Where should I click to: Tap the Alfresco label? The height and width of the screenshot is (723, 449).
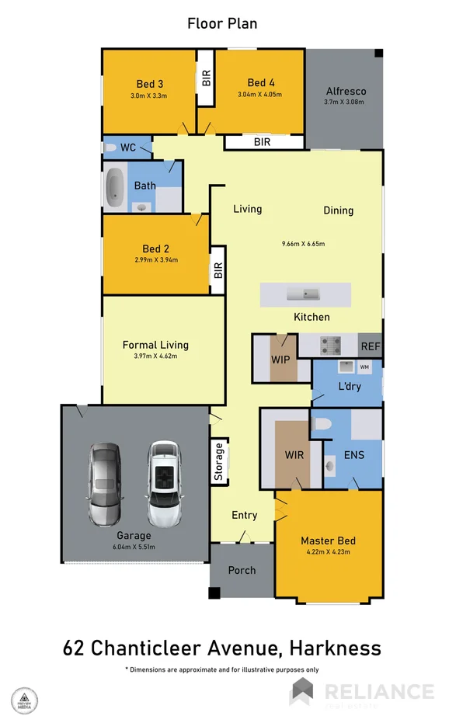(x=346, y=92)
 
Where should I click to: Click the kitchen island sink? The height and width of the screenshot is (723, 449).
(x=304, y=294)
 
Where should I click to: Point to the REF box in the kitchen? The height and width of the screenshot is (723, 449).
(x=369, y=346)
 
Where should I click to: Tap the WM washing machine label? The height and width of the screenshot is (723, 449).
(x=364, y=366)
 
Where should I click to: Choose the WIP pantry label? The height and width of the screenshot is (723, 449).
(x=280, y=360)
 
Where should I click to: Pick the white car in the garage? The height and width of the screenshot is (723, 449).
(x=163, y=483)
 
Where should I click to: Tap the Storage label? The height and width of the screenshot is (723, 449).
(x=219, y=463)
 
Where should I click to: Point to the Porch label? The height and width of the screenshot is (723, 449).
(x=242, y=570)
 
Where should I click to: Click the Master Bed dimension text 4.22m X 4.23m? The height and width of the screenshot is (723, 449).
(x=328, y=553)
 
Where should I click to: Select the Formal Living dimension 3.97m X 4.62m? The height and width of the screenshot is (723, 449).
(x=155, y=357)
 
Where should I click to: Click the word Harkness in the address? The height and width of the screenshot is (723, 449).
(x=332, y=647)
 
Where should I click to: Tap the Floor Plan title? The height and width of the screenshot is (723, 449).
(x=222, y=23)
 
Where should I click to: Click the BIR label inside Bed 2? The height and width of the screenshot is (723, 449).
(x=218, y=270)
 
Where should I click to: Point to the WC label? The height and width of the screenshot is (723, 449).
(x=128, y=147)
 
